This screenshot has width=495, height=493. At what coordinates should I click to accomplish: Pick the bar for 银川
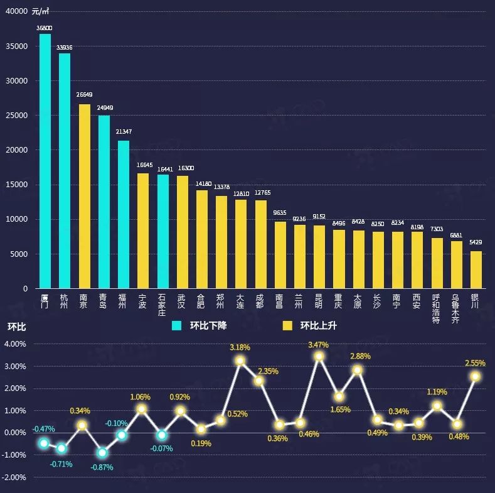[476, 269]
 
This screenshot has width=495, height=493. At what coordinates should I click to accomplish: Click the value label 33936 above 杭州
[64, 47]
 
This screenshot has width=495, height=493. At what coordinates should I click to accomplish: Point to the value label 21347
[124, 132]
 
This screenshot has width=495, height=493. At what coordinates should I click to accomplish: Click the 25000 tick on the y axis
[16, 116]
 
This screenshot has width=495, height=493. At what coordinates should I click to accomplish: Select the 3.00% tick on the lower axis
[14, 367]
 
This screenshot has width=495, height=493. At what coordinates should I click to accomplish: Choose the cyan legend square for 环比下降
[178, 325]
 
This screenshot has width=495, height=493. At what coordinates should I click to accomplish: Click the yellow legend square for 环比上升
[288, 325]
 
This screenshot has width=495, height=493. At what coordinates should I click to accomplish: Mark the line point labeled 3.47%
[319, 356]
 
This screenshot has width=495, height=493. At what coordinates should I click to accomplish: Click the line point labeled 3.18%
[240, 361]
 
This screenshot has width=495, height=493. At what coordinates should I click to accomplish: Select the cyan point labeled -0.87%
[102, 452]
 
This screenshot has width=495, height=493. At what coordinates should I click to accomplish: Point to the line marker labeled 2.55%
[476, 376]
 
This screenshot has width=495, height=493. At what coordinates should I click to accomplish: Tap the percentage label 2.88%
[360, 356]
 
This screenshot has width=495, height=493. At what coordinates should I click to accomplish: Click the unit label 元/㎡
[41, 11]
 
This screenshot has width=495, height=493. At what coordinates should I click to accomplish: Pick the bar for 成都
[260, 244]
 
